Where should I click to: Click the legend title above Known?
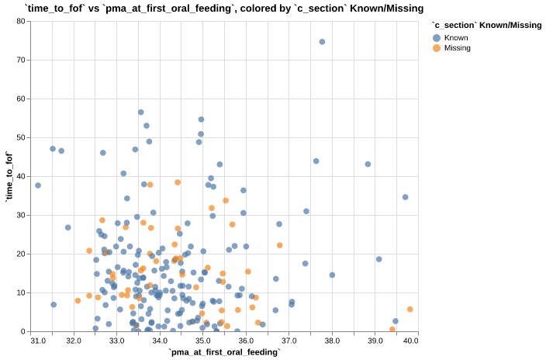tap(481, 26)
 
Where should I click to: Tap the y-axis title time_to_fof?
tap(9, 176)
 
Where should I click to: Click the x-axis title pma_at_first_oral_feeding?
tap(225, 352)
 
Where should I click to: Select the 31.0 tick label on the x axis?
tap(38, 341)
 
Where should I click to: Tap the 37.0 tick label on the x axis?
tap(289, 341)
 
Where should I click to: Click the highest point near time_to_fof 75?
tap(322, 42)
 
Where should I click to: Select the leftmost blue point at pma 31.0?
tap(38, 185)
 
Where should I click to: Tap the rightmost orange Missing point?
tap(409, 310)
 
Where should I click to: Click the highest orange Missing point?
tap(178, 182)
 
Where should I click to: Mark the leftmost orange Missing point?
tap(78, 300)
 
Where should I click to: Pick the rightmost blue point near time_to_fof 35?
tap(405, 197)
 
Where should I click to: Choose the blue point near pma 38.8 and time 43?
tap(368, 164)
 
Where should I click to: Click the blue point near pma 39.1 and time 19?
tap(379, 259)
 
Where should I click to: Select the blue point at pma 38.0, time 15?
tap(332, 275)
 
